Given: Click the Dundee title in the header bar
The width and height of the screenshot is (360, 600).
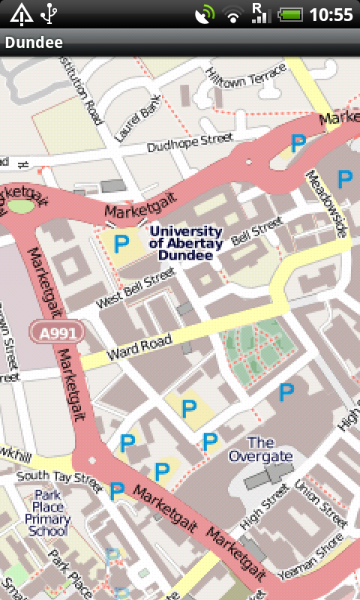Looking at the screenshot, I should tap(34, 43).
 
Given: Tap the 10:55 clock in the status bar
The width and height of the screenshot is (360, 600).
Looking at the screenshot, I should tap(331, 14).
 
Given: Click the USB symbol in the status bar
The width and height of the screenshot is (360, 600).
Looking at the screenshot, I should tap(49, 13).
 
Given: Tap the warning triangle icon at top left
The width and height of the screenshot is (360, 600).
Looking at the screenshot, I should tap(20, 13).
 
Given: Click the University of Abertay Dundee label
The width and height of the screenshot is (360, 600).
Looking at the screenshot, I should tap(185, 243).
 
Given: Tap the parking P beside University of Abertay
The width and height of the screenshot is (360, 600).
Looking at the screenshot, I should tap(121, 243).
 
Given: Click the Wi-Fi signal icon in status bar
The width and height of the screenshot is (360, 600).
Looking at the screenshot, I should tap(234, 14).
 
